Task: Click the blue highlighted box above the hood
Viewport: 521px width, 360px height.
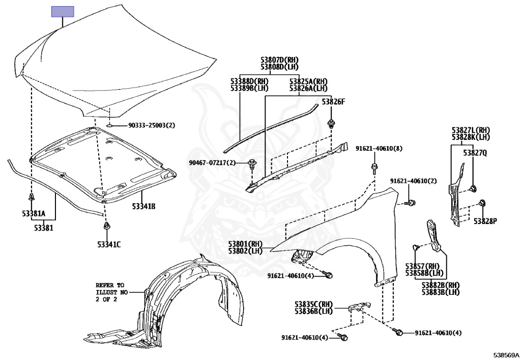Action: (63, 12)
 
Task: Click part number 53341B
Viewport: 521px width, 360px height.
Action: (143, 206)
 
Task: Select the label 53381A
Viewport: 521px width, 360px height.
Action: (34, 213)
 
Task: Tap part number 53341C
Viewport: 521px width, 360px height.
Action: (109, 244)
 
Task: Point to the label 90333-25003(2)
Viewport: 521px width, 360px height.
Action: (151, 125)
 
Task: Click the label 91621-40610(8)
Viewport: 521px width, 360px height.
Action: (379, 148)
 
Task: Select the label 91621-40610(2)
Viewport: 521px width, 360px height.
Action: (414, 181)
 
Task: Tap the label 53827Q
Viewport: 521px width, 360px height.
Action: (475, 152)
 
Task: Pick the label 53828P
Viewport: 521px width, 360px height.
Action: (485, 221)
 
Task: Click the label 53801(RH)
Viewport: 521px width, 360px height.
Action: (245, 244)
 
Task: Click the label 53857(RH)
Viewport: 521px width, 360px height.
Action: (422, 266)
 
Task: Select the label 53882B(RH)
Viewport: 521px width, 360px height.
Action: (441, 285)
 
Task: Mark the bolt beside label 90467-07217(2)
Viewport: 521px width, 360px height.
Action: (252, 163)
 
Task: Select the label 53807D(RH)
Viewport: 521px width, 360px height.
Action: (279, 60)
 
